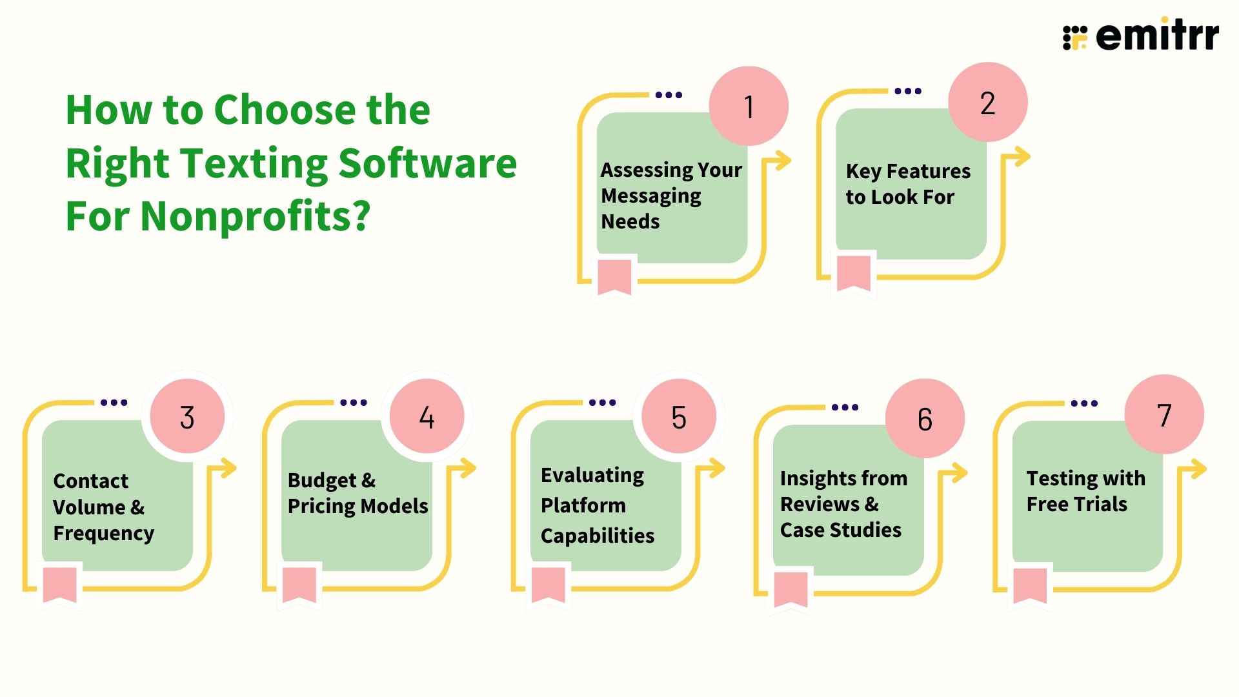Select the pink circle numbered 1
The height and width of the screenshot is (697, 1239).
[x=749, y=106]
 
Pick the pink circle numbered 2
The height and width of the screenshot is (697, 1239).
[x=987, y=103]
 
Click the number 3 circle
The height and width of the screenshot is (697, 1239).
[x=187, y=417]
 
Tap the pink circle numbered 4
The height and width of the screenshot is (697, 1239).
[x=427, y=417]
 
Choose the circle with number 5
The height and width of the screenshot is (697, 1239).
[x=679, y=417]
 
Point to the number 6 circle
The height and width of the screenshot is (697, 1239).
[x=925, y=419]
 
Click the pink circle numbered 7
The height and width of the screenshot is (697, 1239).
[x=1164, y=415]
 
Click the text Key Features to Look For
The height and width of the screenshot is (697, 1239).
[x=907, y=184]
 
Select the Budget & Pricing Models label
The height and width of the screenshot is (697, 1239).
[x=358, y=493]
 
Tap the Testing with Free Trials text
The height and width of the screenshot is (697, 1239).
[x=1085, y=491]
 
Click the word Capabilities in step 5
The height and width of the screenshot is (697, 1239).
[x=598, y=536]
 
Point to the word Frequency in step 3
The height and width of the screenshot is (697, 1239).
[x=104, y=533]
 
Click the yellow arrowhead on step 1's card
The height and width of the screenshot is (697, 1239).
[x=782, y=161]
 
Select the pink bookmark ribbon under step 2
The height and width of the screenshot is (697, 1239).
[x=854, y=274]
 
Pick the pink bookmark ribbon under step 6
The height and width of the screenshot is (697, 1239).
[x=791, y=589]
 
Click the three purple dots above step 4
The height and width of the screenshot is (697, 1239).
[x=353, y=403]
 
